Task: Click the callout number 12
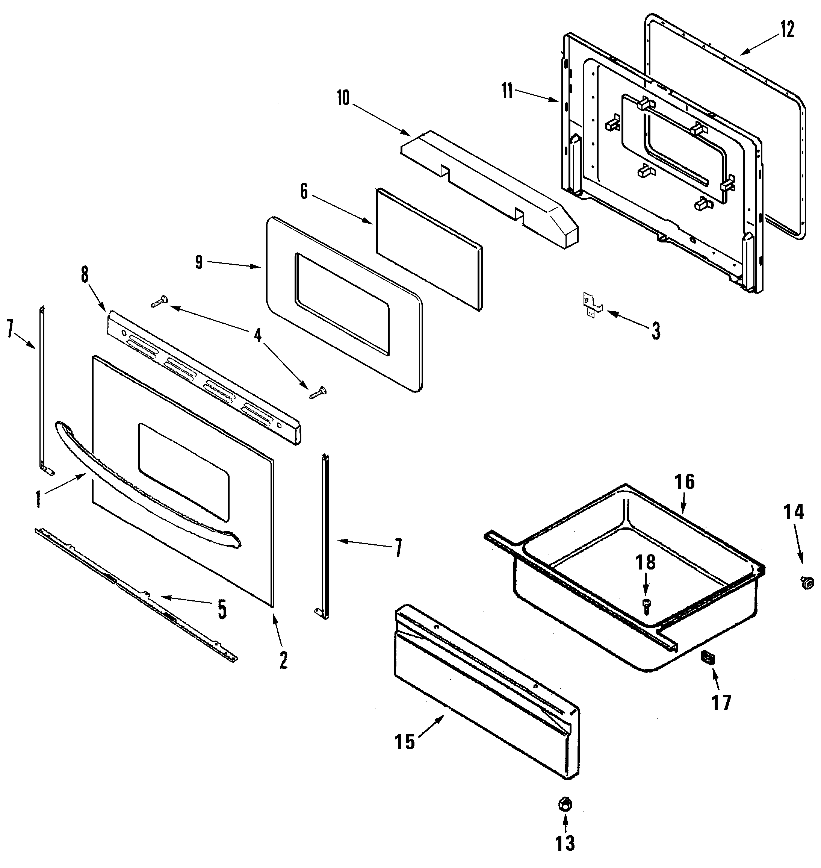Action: [x=786, y=30]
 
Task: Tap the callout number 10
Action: [x=343, y=98]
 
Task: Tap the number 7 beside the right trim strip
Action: [x=398, y=549]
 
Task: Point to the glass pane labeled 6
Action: [x=429, y=250]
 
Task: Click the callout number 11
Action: [x=507, y=93]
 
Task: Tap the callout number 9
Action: [x=199, y=262]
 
